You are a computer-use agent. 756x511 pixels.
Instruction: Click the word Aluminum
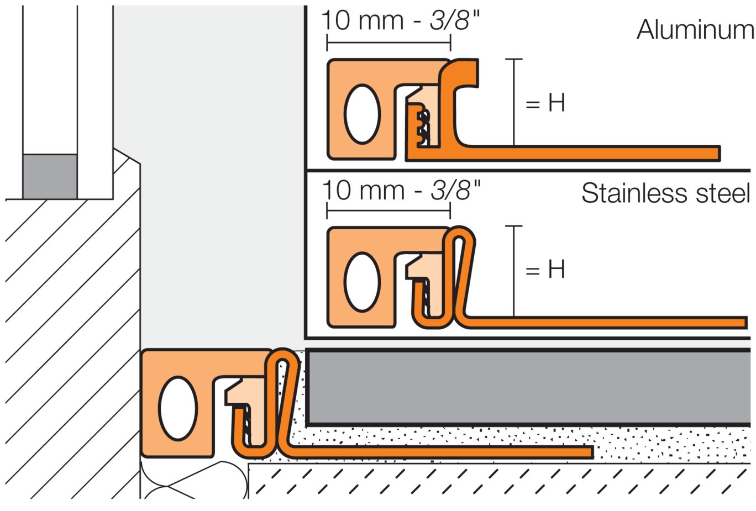coord(695,30)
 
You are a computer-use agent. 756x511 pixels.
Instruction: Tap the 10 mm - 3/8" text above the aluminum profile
coord(400,21)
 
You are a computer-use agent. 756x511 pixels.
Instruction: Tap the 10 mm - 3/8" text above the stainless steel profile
coord(401,191)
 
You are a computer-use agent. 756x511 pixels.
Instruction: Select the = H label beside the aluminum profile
coord(545,103)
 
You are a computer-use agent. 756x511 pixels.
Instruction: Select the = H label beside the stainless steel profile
coord(545,269)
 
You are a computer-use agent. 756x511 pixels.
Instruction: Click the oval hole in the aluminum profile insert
coord(362,114)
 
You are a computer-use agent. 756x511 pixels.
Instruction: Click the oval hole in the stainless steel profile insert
coord(362,282)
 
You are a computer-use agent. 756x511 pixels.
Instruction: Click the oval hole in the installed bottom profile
coord(177,408)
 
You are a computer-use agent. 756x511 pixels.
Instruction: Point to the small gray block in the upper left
coord(50,176)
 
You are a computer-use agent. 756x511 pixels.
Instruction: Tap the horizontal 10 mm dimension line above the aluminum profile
coord(389,43)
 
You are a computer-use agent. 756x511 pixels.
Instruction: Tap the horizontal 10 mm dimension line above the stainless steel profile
coord(389,210)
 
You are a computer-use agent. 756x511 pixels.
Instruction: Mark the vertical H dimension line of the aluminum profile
coord(514,102)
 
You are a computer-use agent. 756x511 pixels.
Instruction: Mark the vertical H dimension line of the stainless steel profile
coord(514,271)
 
